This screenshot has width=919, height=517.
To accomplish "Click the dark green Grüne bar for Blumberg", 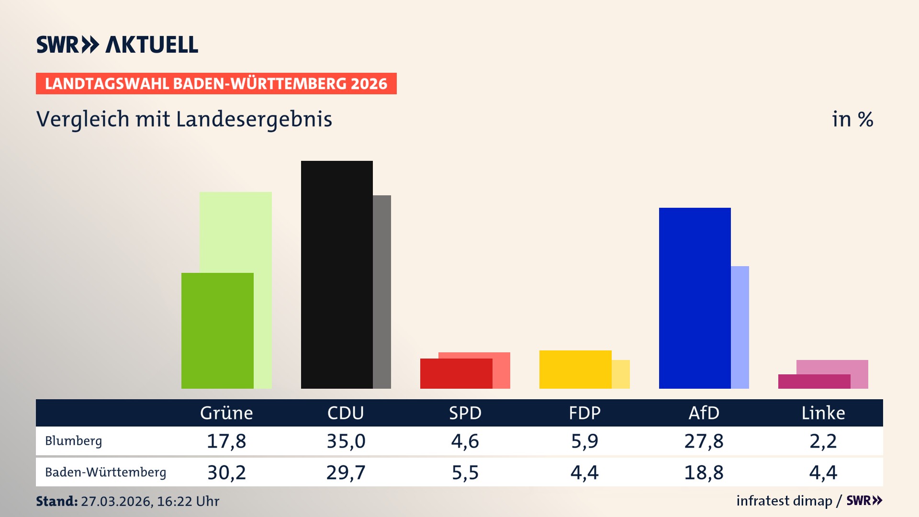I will (217, 330).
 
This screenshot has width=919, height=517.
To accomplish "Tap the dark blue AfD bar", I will (695, 298).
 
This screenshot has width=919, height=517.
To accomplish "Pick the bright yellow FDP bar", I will (575, 369).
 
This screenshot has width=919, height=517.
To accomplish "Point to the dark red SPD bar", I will (456, 373).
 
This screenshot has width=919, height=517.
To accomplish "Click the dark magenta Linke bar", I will (814, 382).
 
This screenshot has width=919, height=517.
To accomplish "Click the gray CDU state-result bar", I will (382, 292).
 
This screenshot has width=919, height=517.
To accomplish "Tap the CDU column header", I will (346, 413).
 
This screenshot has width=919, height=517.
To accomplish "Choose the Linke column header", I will (823, 413).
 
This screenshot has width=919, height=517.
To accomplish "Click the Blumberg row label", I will (73, 441).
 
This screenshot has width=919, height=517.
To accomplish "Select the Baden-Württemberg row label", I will (105, 472).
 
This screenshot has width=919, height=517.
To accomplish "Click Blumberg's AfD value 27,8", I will (704, 441).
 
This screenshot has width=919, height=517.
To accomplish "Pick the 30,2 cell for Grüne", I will (226, 472).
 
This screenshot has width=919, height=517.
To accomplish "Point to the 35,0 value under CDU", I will (346, 441).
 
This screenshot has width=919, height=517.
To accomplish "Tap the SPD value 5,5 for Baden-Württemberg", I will (465, 472).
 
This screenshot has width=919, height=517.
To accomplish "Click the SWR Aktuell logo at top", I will (117, 45).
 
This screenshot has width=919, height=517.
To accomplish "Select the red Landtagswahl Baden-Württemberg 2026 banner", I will (216, 84).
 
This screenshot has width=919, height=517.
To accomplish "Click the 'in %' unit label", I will (852, 119).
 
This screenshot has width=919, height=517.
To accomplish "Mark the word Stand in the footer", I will (56, 501).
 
